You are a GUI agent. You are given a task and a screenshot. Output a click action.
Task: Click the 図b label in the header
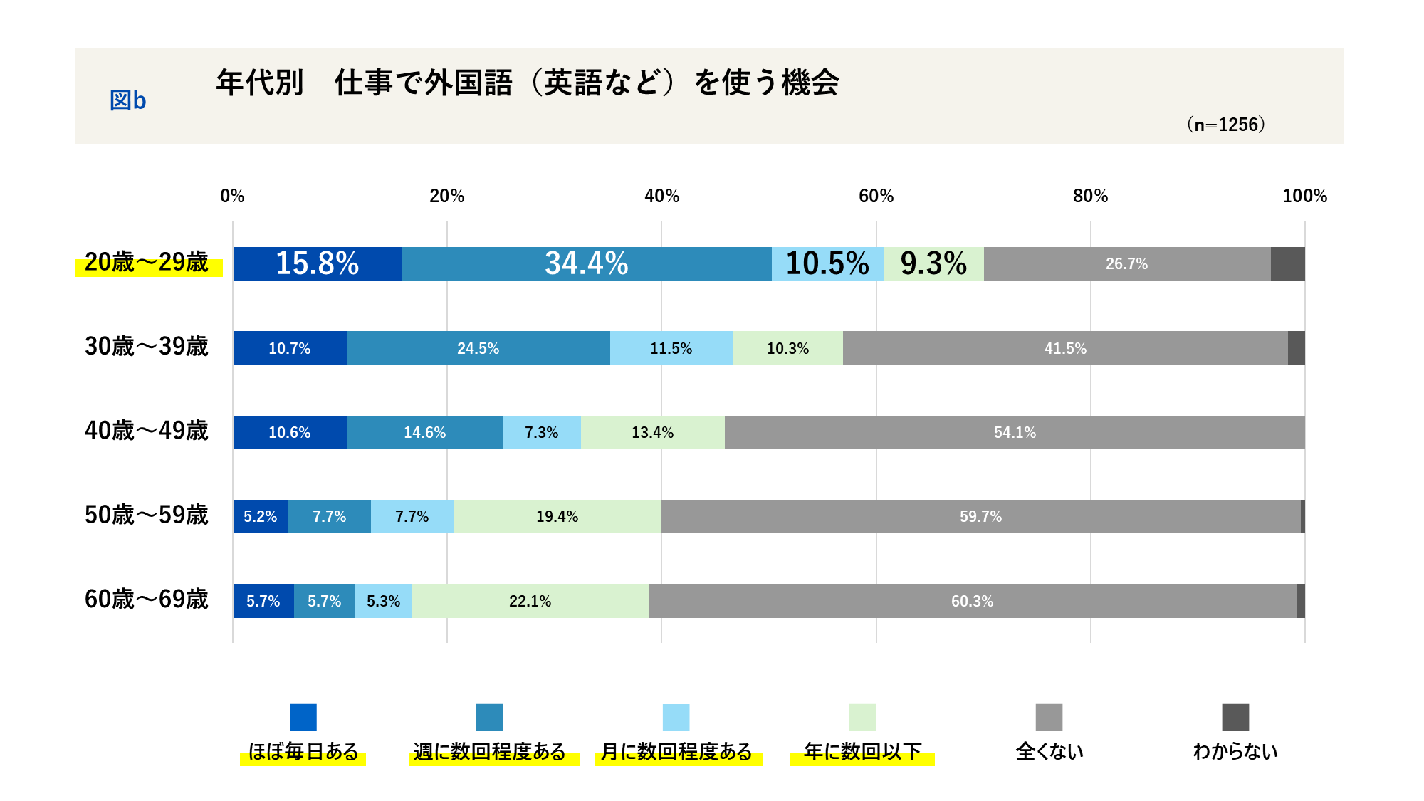coord(128,100)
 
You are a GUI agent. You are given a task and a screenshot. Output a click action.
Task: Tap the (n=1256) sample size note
coord(1225,125)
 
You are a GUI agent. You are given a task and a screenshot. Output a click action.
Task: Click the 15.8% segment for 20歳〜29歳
coord(318,263)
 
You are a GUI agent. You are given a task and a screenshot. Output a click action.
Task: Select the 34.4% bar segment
coord(587,263)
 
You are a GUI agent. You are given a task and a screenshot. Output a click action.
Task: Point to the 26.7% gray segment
coord(1126,263)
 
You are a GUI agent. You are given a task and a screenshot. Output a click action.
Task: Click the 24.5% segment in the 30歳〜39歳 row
coord(478,348)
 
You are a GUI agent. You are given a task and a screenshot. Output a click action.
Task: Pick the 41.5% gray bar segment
coord(1065,348)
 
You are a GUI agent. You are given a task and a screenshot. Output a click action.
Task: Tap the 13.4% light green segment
coord(652,432)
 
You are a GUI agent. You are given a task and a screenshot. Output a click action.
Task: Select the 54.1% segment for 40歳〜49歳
coord(1015,432)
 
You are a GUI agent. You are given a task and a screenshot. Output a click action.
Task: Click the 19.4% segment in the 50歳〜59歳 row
coord(557,516)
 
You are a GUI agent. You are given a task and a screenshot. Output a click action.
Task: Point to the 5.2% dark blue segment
coord(261,516)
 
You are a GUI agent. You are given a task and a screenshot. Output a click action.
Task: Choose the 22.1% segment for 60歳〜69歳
coord(530,601)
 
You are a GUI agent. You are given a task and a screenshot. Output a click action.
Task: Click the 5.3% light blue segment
coord(383,601)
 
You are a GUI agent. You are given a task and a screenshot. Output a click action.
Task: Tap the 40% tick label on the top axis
coord(661,196)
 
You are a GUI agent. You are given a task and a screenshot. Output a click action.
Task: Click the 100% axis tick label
coord(1304,196)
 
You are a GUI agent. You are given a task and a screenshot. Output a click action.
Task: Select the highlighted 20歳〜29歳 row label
coord(147,263)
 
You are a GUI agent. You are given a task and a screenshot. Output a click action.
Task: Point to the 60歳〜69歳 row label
coord(147,599)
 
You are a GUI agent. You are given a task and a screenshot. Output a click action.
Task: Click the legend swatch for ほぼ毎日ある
coord(303,717)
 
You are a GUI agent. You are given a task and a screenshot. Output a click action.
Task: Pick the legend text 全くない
coord(1049,751)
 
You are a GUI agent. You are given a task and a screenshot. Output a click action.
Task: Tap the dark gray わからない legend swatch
coord(1235,717)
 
